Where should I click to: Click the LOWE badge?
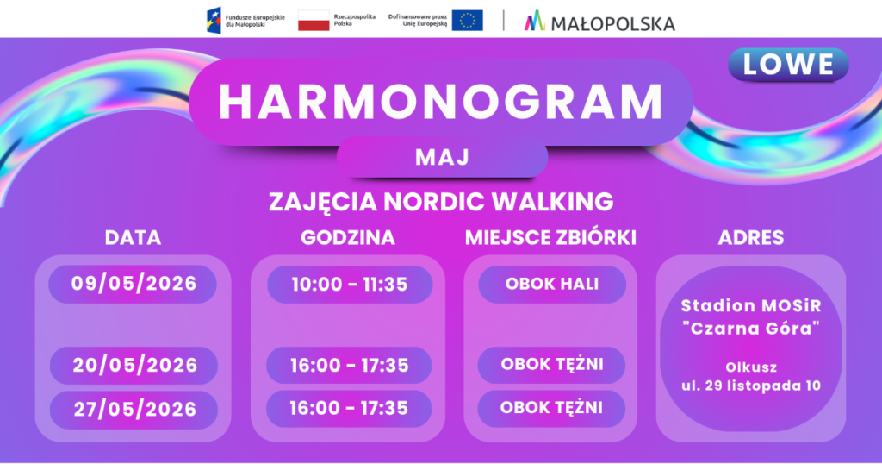[788, 64]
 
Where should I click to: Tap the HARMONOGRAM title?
[441, 102]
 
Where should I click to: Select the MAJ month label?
[442, 157]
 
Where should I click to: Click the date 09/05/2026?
[134, 283]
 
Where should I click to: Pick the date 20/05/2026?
[134, 365]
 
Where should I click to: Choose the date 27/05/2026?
[134, 409]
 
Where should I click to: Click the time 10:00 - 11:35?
[350, 285]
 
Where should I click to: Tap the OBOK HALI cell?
[552, 284]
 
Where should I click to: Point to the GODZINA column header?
[348, 238]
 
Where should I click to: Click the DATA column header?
[133, 238]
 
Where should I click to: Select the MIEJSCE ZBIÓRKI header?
[550, 238]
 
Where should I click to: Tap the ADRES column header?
[751, 238]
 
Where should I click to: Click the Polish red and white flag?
[314, 21]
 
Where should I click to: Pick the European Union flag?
[467, 21]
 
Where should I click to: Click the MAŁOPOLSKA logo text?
[612, 23]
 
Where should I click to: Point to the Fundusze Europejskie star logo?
[214, 21]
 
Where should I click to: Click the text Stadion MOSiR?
[751, 306]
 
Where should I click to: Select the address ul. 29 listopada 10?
[751, 386]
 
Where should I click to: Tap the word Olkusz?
[751, 367]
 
